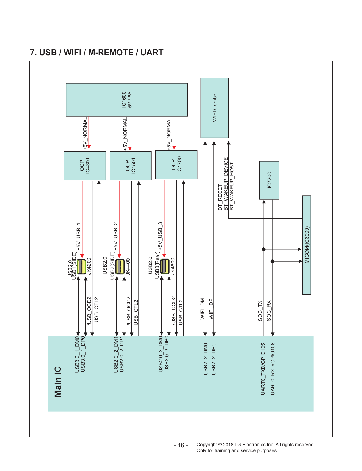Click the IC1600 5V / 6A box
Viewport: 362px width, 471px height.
[127, 100]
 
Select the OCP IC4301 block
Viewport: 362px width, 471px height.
[85, 166]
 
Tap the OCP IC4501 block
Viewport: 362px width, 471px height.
[131, 166]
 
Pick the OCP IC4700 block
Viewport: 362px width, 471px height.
[176, 165]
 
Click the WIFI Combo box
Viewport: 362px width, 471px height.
[215, 108]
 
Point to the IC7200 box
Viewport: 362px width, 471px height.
[269, 180]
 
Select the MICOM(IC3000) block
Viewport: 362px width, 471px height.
[307, 245]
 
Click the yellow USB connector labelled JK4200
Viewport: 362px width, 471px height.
[81, 267]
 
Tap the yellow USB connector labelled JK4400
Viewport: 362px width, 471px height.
[120, 267]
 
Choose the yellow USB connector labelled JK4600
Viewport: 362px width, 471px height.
[165, 266]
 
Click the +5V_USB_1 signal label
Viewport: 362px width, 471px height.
[79, 236]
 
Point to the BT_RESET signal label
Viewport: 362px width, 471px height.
[220, 197]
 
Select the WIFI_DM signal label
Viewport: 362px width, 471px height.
[203, 309]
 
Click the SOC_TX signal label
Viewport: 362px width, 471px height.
[260, 311]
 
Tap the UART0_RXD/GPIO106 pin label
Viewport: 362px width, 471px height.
[273, 369]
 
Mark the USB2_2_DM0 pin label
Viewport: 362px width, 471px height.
[206, 359]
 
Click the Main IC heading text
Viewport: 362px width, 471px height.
[58, 382]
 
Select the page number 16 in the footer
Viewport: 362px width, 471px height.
[181, 445]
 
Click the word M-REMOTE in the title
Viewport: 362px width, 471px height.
[111, 53]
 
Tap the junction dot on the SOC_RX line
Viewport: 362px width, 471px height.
[272, 261]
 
